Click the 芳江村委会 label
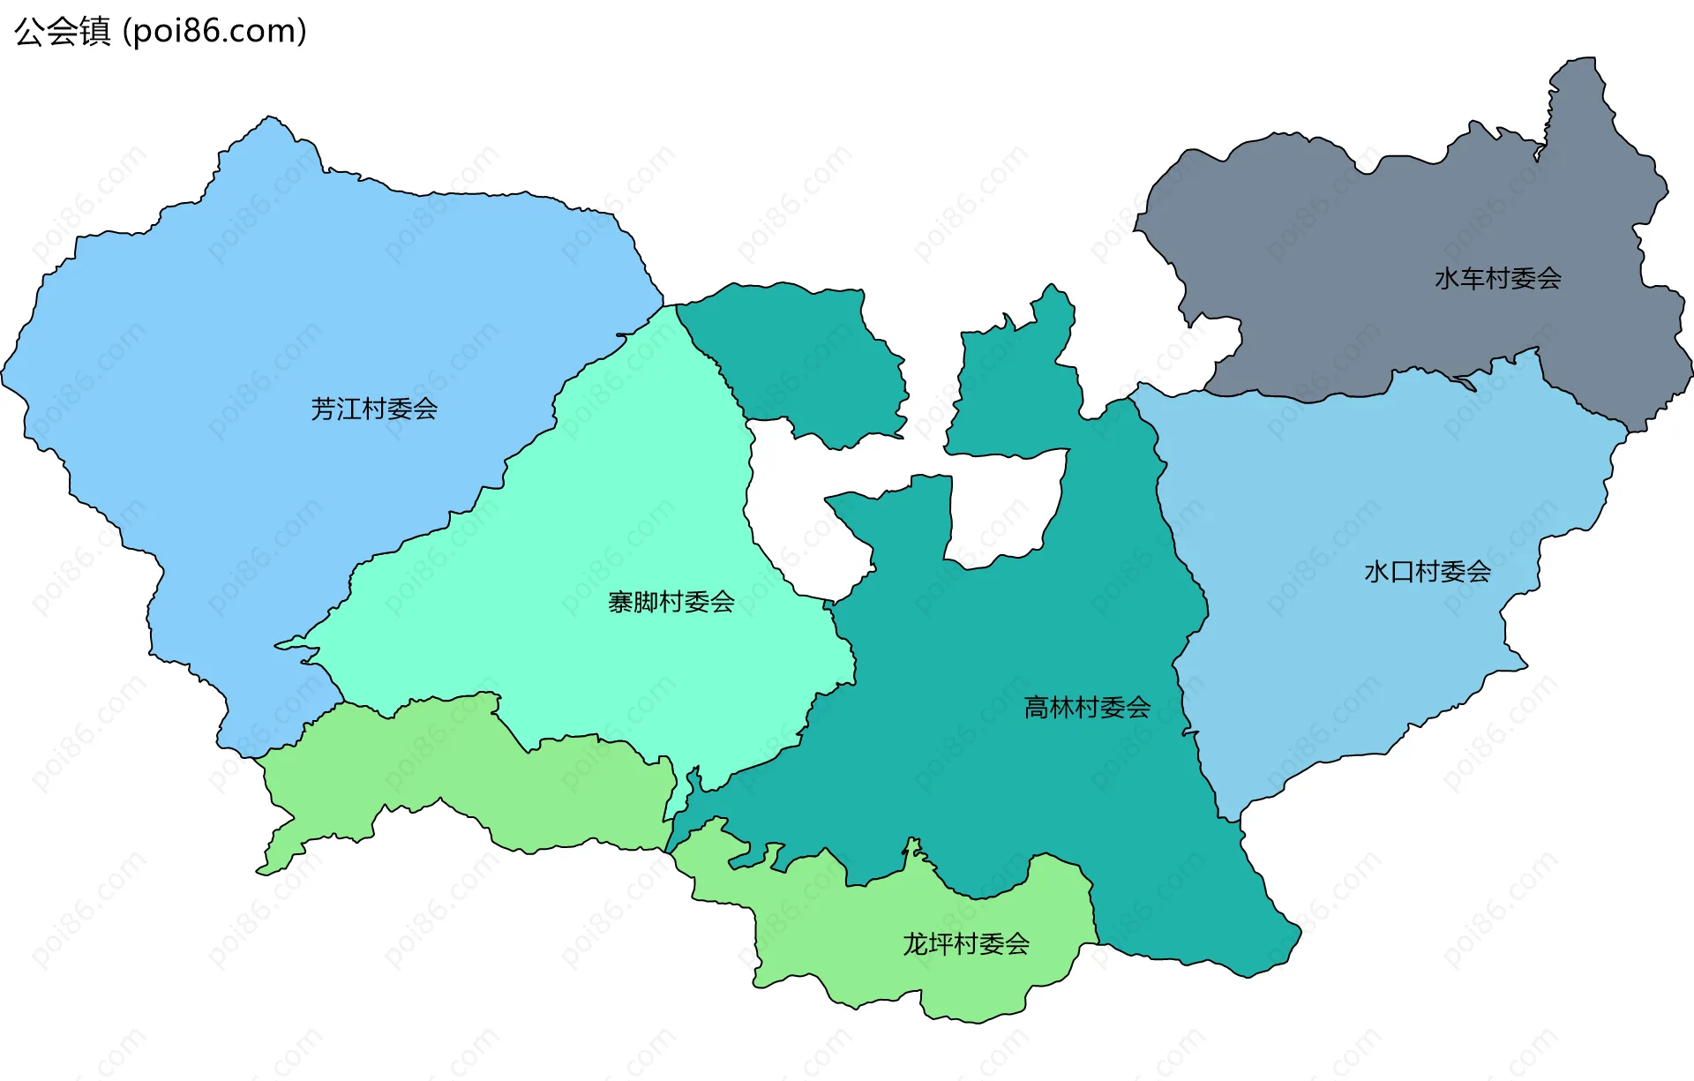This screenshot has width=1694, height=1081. pyautogui.click(x=374, y=409)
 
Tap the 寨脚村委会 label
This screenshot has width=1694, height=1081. pyautogui.click(x=671, y=602)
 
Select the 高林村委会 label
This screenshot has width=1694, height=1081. pyautogui.click(x=1087, y=707)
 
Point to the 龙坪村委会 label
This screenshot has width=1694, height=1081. pyautogui.click(x=966, y=944)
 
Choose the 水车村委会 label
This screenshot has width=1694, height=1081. pyautogui.click(x=1497, y=279)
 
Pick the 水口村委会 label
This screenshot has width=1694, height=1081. pyautogui.click(x=1427, y=572)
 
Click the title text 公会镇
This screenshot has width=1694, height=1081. pyautogui.click(x=63, y=32)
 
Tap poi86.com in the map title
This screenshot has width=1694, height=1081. pyautogui.click(x=214, y=32)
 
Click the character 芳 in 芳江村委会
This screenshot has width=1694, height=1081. pyautogui.click(x=324, y=409)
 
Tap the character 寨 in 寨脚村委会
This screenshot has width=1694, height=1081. pyautogui.click(x=620, y=602)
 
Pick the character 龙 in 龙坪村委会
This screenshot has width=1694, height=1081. pyautogui.click(x=915, y=944)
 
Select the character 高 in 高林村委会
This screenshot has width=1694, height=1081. pyautogui.click(x=1037, y=707)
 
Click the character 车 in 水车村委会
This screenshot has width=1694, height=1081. pyautogui.click(x=1473, y=279)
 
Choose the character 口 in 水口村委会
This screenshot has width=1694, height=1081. pyautogui.click(x=1402, y=572)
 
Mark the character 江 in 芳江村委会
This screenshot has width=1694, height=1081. pyautogui.click(x=349, y=409)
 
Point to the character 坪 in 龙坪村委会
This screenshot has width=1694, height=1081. pyautogui.click(x=941, y=944)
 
